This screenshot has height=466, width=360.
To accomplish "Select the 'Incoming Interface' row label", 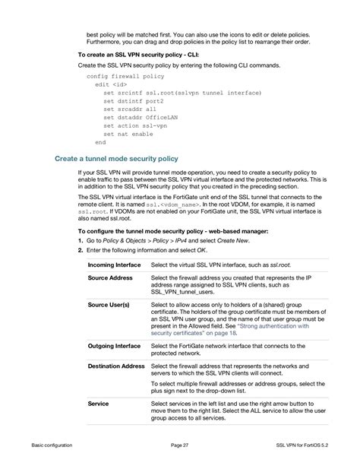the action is (x=113, y=265).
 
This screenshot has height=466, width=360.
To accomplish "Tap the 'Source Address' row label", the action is (x=110, y=278).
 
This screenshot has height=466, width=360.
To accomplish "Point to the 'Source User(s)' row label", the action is (x=109, y=305).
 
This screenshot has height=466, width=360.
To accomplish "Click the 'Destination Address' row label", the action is (x=115, y=366).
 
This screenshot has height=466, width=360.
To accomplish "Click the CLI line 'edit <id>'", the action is (x=111, y=84).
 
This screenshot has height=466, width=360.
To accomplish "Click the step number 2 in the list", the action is (x=80, y=249).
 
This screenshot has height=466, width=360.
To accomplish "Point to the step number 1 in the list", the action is (x=80, y=240).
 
